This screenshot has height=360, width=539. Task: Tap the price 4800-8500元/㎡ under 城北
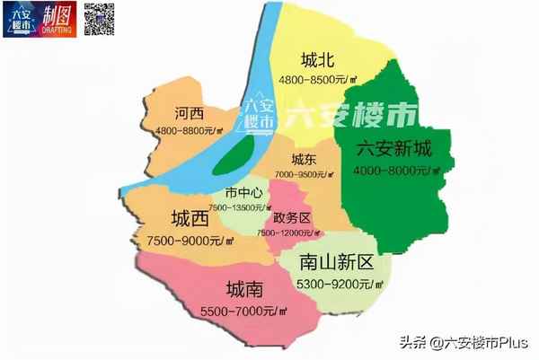[x=319, y=79]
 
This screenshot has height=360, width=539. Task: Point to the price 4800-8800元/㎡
[x=190, y=131]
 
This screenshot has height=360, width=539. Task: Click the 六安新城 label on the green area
[x=394, y=150]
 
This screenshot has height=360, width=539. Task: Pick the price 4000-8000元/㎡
[x=393, y=170]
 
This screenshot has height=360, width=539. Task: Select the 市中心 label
[x=243, y=193]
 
